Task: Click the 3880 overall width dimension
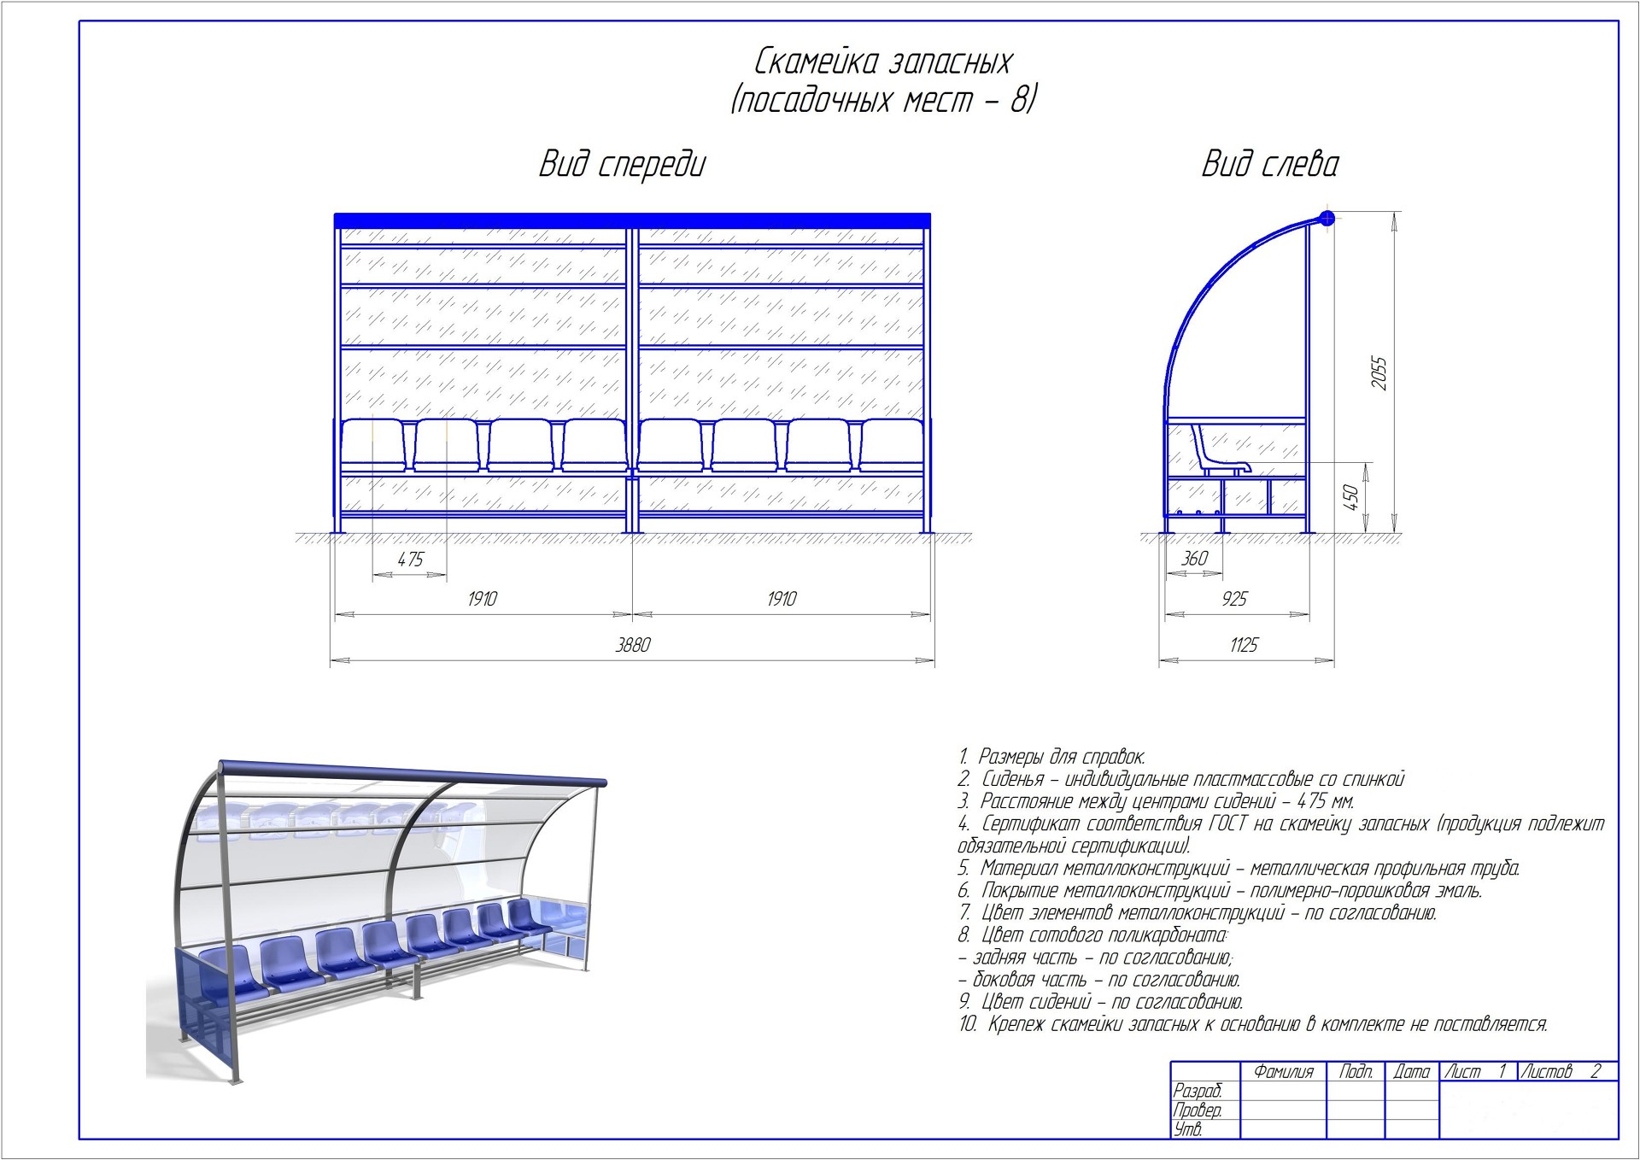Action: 633,645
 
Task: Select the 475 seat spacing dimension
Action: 410,559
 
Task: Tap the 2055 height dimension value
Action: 1379,373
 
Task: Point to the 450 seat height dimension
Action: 1351,497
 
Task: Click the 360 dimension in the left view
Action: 1193,559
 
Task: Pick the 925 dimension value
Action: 1234,599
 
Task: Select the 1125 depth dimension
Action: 1244,645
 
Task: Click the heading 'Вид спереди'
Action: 622,164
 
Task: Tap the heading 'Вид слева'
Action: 1269,164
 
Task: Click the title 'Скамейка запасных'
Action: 882,62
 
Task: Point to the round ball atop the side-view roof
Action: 1326,218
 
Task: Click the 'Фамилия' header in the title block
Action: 1283,1071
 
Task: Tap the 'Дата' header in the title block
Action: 1411,1071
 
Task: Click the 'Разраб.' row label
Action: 1197,1091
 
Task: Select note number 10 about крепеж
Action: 1252,1023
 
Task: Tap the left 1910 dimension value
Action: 482,599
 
